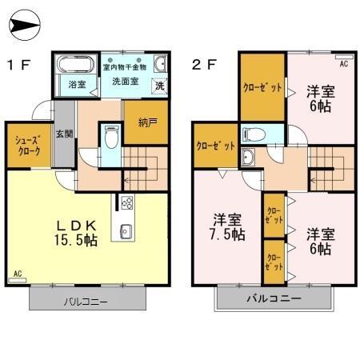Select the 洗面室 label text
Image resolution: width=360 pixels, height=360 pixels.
tap(126, 81)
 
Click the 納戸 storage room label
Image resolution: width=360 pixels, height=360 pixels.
tap(146, 123)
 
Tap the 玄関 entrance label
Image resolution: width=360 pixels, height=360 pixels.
tap(64, 134)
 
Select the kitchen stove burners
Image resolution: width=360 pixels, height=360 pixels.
tap(127, 203)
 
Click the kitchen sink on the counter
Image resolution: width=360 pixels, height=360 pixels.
tap(126, 231)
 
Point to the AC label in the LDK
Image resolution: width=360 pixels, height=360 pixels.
tap(18, 274)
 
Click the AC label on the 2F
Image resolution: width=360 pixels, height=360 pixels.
tap(344, 62)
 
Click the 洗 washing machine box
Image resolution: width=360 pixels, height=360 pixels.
tap(159, 86)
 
